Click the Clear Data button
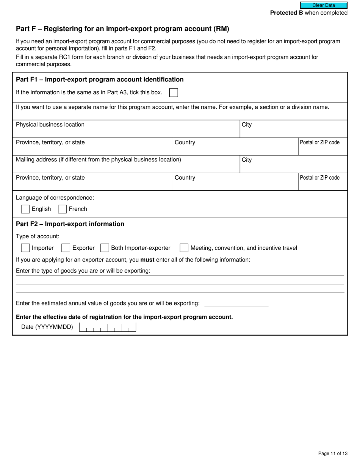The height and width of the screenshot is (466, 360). (324, 5)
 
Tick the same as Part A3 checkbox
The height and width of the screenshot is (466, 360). (173, 92)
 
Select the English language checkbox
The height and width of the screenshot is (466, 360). (25, 209)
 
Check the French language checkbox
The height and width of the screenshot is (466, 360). (63, 209)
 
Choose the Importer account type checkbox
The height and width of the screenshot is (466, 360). (25, 248)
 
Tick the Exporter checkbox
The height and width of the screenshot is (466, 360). (66, 248)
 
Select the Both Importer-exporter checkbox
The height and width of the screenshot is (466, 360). (105, 248)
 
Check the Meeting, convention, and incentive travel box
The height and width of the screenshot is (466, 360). (184, 248)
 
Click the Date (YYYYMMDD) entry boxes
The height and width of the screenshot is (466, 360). (107, 327)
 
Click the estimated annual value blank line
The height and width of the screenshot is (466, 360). (236, 304)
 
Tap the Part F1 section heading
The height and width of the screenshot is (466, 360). (100, 80)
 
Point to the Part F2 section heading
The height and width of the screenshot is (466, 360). (70, 224)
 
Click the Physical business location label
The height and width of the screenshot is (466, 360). (50, 125)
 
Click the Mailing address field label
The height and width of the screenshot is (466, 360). (99, 160)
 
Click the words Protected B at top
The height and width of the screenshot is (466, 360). (286, 13)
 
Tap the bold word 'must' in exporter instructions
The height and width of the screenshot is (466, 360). (147, 260)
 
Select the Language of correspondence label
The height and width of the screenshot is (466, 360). (55, 198)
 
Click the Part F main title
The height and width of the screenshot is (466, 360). (122, 29)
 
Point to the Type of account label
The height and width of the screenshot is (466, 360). (38, 236)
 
